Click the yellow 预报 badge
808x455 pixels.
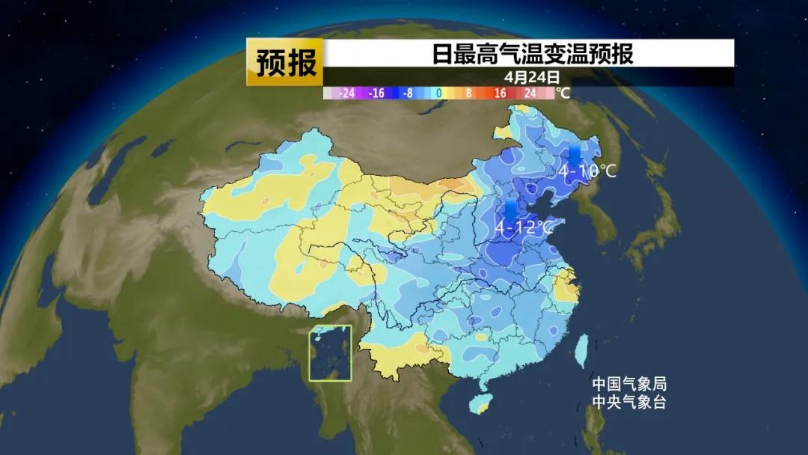(285, 62)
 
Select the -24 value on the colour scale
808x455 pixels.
(346, 94)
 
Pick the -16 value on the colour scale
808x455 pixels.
(376, 94)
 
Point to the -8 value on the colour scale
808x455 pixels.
(407, 94)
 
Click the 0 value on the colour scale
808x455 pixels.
(438, 94)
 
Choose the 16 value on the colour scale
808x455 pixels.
(499, 94)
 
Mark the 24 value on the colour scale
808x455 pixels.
(530, 94)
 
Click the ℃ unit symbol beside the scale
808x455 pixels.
(563, 94)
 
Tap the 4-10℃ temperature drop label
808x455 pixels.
(587, 171)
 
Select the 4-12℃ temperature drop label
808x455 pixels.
(523, 226)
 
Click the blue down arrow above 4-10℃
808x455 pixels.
(575, 154)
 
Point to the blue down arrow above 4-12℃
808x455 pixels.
(511, 209)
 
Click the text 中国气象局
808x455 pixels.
(628, 385)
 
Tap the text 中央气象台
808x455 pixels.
(628, 403)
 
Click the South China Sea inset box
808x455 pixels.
(331, 353)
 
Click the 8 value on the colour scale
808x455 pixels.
(468, 94)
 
